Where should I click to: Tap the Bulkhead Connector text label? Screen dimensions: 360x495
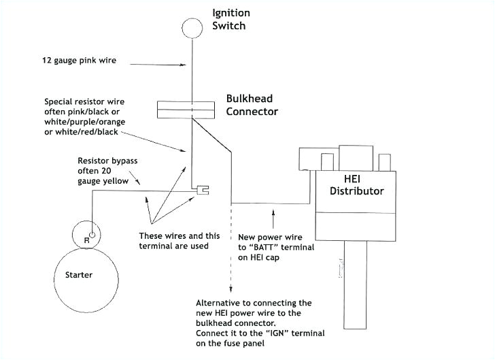click(x=252, y=105)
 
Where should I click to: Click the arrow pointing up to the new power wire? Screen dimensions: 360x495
click(x=273, y=220)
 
